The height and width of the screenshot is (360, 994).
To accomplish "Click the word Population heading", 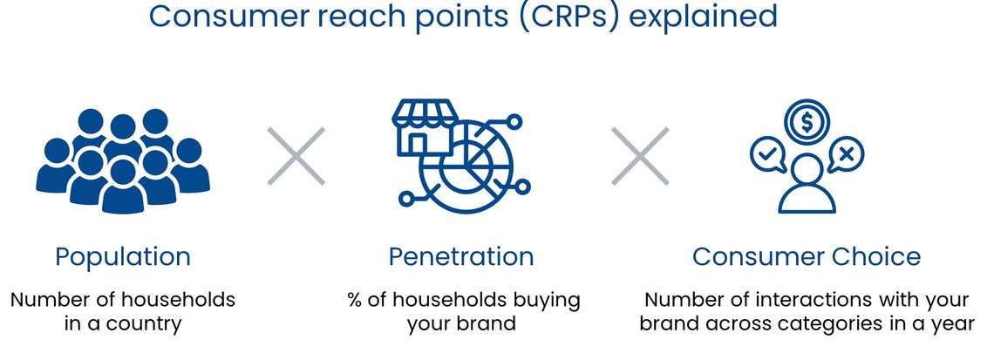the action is (122, 257).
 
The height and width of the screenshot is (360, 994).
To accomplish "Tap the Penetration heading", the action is (461, 256).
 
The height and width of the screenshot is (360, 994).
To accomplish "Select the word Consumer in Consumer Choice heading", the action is (755, 256).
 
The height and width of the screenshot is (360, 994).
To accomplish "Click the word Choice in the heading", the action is (872, 256).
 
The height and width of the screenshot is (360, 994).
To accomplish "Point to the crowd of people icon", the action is (123, 161).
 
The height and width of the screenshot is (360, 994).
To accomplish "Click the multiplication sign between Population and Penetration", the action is (296, 156).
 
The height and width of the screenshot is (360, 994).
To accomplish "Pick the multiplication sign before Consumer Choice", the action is (640, 156).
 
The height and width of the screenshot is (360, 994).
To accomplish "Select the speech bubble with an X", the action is (845, 155).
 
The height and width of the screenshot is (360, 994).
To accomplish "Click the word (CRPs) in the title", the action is (568, 15).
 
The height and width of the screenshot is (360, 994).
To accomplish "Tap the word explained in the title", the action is (703, 15).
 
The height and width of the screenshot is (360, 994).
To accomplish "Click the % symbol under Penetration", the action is (355, 299).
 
